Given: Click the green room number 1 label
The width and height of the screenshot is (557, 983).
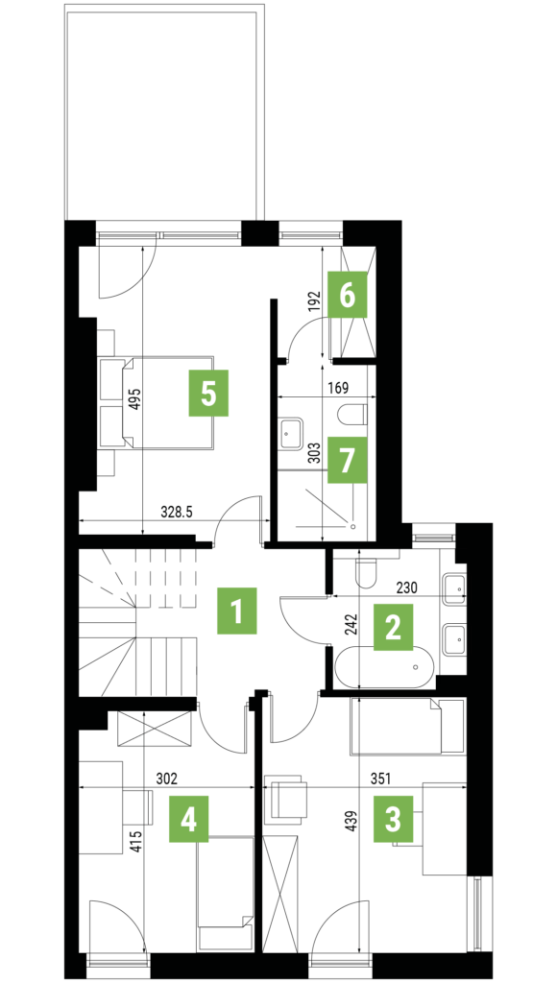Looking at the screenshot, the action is coord(236,611).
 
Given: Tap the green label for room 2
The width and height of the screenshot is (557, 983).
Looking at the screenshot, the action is coord(394,627).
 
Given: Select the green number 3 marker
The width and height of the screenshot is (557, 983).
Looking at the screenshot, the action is coord(394,819).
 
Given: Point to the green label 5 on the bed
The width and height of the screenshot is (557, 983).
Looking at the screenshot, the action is coord(209,393).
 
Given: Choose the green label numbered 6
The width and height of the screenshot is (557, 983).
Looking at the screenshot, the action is coord(348,294).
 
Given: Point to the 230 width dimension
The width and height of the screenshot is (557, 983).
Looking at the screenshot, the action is coord(406,587).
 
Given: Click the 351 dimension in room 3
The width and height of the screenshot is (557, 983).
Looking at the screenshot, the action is coord(379,779).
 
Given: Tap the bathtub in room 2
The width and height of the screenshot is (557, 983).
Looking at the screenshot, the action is coord(384,667).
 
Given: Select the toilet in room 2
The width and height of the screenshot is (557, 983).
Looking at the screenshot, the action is coord(365,568).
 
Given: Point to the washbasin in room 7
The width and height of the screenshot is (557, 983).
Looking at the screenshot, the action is coord(290,434).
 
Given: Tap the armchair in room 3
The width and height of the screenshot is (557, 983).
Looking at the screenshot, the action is coord(286,800).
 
